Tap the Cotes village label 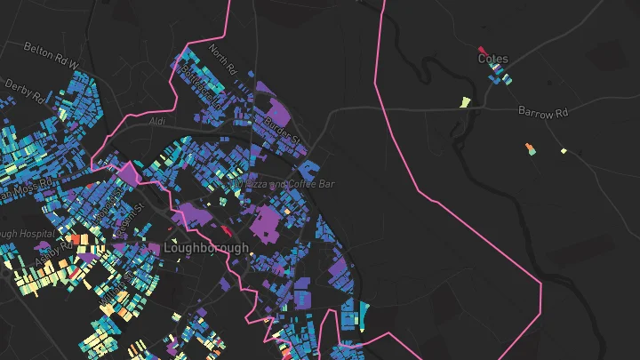pyautogui.click(x=493, y=60)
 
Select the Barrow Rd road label pyautogui.click(x=542, y=113)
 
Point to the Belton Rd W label pyautogui.click(x=52, y=56)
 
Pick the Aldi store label pyautogui.click(x=158, y=120)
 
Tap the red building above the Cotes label pyautogui.click(x=482, y=50)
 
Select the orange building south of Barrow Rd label pyautogui.click(x=530, y=148)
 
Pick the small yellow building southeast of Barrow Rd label pyautogui.click(x=564, y=151)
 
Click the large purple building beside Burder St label pyautogui.click(x=278, y=116)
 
